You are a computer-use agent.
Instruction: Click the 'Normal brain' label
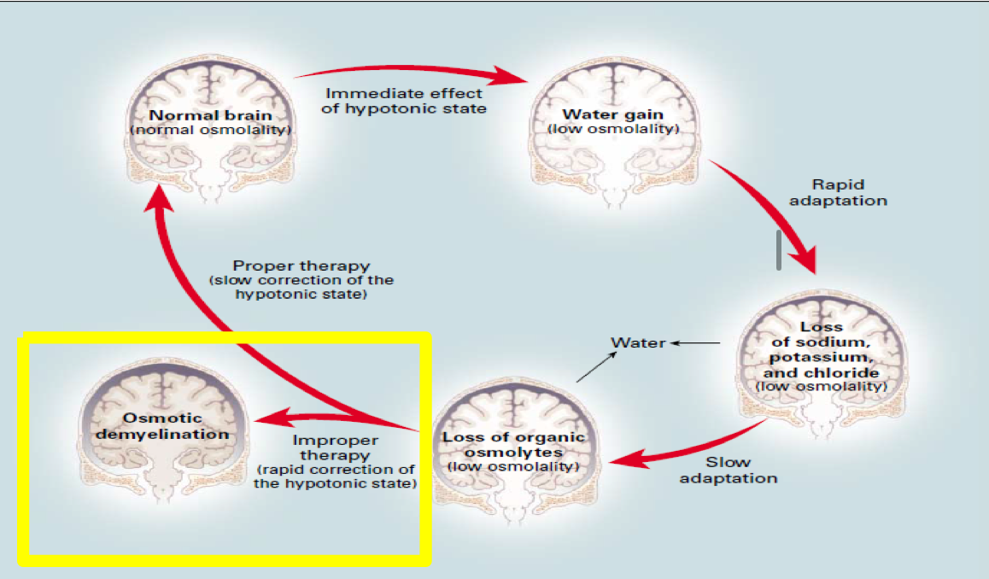click(210, 115)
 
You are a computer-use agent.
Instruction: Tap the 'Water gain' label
click(612, 114)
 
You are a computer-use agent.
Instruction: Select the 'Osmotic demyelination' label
click(162, 425)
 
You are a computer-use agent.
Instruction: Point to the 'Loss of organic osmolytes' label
click(513, 444)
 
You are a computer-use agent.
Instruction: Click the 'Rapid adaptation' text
click(838, 192)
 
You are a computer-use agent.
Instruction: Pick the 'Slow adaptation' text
click(729, 470)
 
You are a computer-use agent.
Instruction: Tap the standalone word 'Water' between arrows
click(638, 342)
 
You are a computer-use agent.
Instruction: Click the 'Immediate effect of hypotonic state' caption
click(405, 101)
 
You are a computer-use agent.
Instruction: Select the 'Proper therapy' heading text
click(301, 266)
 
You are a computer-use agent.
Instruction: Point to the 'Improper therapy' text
click(336, 448)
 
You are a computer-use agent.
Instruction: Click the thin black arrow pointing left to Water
click(696, 343)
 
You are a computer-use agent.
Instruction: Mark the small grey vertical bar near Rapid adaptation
click(779, 249)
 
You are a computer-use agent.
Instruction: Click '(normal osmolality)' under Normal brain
click(210, 130)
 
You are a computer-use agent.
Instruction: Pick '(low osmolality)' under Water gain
click(612, 129)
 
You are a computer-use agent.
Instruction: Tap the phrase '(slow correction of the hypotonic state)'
click(301, 287)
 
